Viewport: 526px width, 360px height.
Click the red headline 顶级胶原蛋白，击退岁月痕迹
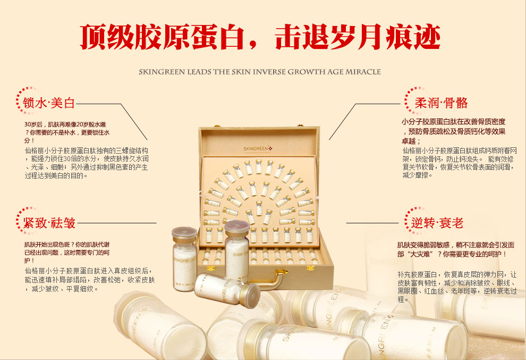click(260, 36)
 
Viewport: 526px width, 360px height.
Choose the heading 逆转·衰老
click(437, 223)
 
